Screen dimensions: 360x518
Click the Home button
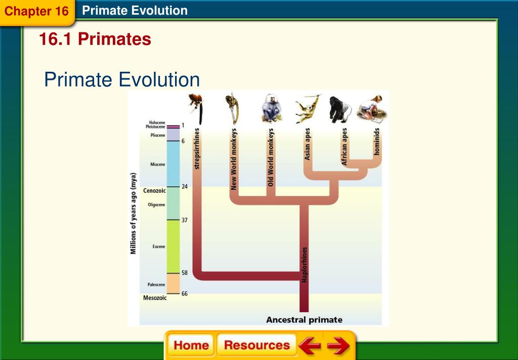coord(191,345)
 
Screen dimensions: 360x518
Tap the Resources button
coord(256,345)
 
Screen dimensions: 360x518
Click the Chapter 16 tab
coord(36,11)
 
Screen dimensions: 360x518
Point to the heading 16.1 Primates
coord(95,39)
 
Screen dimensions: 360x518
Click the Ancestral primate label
coord(304,320)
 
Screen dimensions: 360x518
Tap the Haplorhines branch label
coord(304,264)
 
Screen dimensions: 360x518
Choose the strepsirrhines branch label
coord(197,149)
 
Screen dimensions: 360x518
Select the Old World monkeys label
coord(271,157)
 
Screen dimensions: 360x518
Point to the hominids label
coord(376,141)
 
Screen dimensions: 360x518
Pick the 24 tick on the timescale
coord(185,187)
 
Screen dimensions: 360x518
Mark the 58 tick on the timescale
coord(185,273)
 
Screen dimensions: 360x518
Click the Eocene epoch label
coord(158,246)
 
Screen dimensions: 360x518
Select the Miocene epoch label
coord(157,164)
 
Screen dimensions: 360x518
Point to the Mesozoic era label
coord(155,298)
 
